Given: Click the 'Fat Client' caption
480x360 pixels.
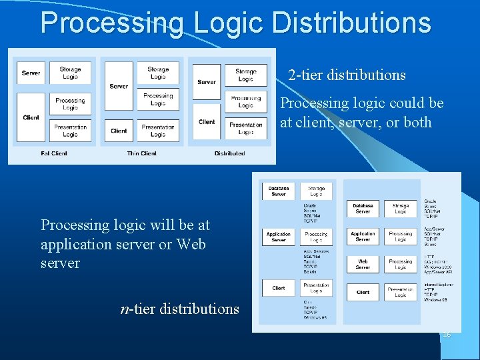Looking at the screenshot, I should click(x=54, y=153).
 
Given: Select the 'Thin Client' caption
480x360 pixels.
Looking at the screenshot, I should click(x=141, y=153).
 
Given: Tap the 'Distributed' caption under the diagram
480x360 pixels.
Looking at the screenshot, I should click(x=229, y=153).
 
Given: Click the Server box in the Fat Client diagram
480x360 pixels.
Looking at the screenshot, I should click(x=31, y=73).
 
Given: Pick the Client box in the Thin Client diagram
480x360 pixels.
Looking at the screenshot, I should click(x=119, y=131).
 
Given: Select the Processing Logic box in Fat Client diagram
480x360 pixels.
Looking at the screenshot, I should click(x=70, y=104).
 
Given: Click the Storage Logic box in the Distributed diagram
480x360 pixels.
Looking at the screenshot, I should click(x=245, y=75).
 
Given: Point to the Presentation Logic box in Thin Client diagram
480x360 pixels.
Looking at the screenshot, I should click(x=158, y=131).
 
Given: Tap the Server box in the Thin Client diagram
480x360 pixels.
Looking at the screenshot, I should click(x=119, y=86).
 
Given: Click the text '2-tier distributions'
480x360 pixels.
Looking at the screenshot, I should click(x=347, y=75).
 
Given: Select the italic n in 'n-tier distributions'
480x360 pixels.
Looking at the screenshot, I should click(x=124, y=309).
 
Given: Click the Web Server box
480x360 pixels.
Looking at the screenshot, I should click(x=363, y=264).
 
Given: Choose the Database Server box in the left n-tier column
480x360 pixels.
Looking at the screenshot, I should click(x=279, y=191).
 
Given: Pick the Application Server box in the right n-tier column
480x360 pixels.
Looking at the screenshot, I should click(x=363, y=237).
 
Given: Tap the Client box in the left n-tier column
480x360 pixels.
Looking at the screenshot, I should click(x=279, y=288).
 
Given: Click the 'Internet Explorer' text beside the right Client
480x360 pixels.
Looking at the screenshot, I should click(x=440, y=285).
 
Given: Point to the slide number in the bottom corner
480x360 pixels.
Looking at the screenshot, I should click(x=447, y=333).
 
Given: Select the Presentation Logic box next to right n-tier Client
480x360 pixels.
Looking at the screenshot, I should click(x=400, y=292).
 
